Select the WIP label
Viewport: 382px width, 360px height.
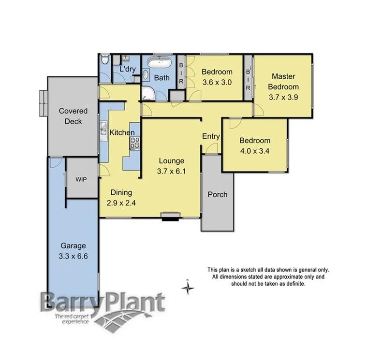tap(81, 179)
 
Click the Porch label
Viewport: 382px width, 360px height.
tap(217, 195)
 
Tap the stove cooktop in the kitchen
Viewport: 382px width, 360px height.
tap(135, 142)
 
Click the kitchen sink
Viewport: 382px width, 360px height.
tap(103, 129)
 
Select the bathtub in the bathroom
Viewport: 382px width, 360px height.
tap(159, 62)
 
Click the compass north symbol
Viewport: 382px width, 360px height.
tap(187, 288)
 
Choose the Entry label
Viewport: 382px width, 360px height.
tap(211, 137)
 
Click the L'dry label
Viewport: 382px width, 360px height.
tap(128, 70)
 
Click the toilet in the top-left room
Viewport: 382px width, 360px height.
tap(105, 61)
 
